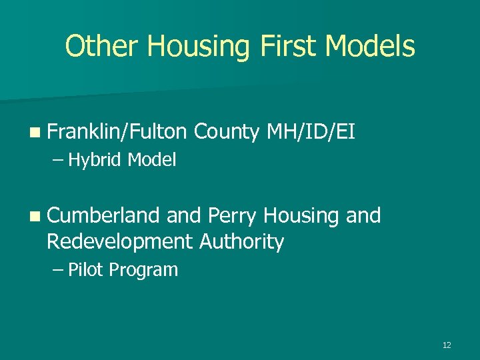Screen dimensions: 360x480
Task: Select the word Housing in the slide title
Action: coord(198,47)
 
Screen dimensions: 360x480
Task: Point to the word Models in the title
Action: coord(373,47)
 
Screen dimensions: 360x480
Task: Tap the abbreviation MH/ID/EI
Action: coord(310,133)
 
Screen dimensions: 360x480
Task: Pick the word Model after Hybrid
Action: coord(152,160)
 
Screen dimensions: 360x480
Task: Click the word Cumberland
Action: coord(103,215)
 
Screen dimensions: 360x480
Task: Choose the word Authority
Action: coord(242,241)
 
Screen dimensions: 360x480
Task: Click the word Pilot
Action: coord(86,270)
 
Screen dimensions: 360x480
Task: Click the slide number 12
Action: coord(447,345)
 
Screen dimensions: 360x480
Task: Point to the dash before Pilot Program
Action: coord(59,271)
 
